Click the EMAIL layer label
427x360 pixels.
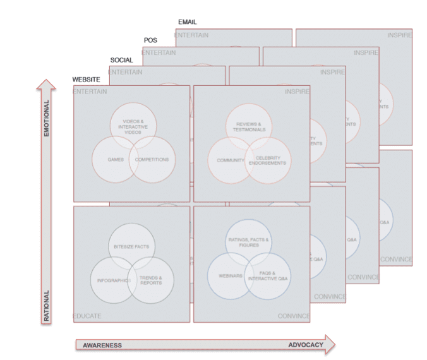(x=188, y=22)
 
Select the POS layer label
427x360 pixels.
(x=150, y=40)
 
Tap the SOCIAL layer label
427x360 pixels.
(x=121, y=60)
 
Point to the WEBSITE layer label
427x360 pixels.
(x=86, y=80)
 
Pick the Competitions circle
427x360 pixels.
(x=152, y=160)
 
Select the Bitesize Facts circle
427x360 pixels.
(x=131, y=246)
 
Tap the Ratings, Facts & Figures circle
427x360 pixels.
(x=249, y=242)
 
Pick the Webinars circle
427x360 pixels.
(x=229, y=276)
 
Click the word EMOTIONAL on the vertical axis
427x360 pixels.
(x=45, y=119)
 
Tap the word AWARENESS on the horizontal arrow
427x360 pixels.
(x=102, y=345)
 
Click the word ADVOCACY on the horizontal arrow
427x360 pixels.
(x=306, y=345)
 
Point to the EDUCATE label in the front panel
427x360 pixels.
(x=87, y=316)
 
